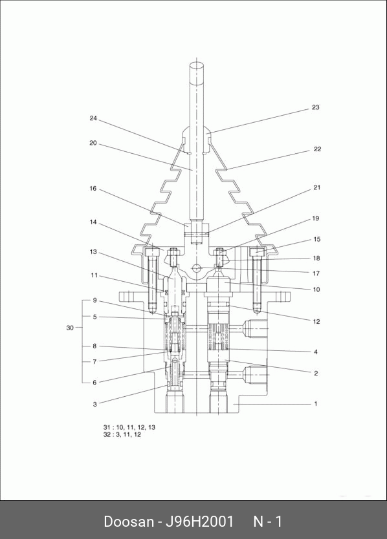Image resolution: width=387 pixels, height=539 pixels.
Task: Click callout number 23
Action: click(315, 107)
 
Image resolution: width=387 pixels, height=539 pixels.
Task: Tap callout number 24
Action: click(93, 118)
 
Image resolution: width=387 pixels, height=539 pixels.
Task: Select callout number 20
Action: click(93, 143)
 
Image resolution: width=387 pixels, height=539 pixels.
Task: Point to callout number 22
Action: click(317, 149)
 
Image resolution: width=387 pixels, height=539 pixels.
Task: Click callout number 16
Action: click(93, 188)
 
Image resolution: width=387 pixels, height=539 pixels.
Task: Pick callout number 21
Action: click(316, 187)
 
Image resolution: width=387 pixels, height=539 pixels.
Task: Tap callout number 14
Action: click(93, 222)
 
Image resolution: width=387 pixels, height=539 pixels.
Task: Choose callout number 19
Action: click(315, 218)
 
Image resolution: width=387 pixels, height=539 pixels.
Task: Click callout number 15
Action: click(316, 239)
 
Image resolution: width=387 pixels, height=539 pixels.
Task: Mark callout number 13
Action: click(93, 252)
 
